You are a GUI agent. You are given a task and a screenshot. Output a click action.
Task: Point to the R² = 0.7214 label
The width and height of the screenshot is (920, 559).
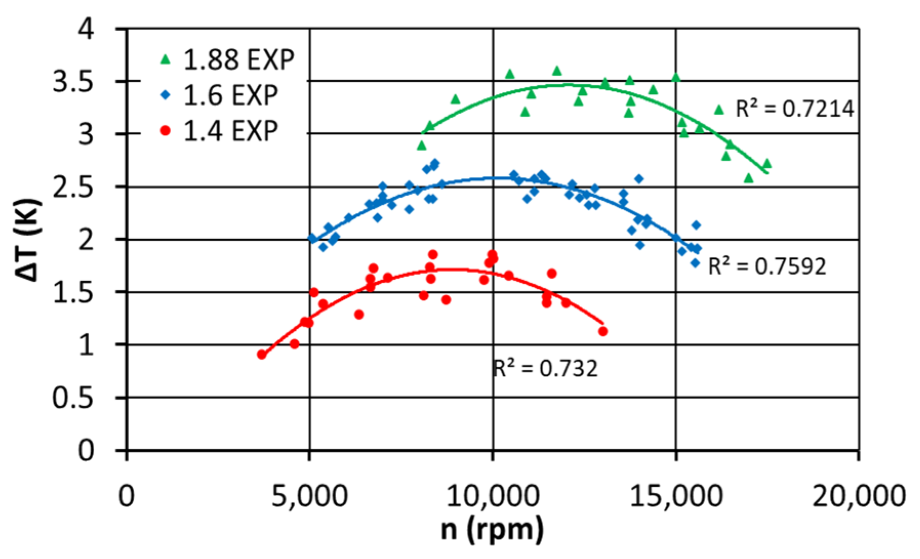pos(795,109)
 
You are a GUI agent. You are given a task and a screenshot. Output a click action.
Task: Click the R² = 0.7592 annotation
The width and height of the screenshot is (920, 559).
pos(767,266)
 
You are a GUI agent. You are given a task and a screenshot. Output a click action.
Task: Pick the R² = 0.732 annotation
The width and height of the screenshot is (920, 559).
pos(545,369)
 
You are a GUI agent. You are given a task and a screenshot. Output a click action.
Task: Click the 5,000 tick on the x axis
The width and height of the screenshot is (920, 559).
pos(309,496)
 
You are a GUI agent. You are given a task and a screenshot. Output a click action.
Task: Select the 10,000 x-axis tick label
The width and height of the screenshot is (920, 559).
pos(493,496)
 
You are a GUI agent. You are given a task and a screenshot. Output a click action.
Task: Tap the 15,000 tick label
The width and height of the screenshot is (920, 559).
pos(676,496)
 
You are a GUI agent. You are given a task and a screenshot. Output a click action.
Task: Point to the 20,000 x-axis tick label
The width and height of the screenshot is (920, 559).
pos(859,496)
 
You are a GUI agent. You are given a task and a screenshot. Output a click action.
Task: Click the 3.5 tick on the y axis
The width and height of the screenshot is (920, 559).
pos(73,82)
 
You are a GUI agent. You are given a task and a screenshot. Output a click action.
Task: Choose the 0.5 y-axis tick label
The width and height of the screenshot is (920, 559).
pos(73,398)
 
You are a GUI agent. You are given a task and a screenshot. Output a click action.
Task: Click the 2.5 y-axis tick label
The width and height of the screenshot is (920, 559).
pos(73,188)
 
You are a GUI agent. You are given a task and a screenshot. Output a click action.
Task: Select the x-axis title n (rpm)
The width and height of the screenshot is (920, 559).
pos(493,530)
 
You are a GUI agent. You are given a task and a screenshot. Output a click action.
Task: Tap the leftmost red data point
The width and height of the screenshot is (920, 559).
pos(262,355)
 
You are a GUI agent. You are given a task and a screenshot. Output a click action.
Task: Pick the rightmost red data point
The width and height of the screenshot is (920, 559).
pos(603,332)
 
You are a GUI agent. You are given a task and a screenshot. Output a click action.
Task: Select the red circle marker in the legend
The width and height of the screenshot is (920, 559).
pos(166,131)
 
